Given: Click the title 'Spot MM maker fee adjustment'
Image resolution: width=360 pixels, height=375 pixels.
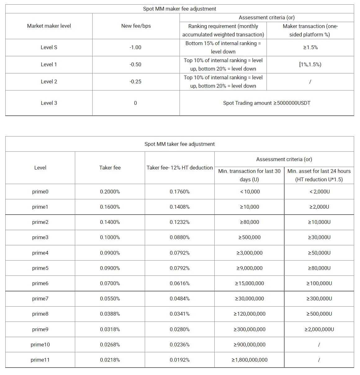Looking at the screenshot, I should [180, 9].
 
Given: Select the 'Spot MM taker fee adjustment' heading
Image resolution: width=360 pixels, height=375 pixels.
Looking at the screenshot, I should [180, 144].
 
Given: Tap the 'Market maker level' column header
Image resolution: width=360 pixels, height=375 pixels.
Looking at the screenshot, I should [49, 26].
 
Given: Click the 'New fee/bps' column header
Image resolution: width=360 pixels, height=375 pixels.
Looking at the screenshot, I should [136, 26].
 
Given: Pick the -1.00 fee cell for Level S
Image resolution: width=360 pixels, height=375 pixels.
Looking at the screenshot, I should [135, 47].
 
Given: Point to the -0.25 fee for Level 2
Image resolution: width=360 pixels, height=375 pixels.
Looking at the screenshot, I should [135, 81].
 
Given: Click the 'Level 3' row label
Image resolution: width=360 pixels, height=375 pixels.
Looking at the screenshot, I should [49, 103].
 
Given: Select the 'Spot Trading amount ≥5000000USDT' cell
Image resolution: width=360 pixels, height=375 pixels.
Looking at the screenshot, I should [267, 103].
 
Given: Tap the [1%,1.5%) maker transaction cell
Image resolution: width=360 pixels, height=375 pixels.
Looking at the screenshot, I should [310, 64].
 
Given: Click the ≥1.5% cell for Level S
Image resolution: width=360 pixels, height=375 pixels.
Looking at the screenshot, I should [310, 47].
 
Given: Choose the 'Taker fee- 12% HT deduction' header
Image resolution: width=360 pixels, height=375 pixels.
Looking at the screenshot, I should [180, 168].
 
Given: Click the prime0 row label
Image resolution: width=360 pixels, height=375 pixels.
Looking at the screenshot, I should [40, 192].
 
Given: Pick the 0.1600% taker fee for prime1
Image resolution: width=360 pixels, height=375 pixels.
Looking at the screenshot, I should [110, 207].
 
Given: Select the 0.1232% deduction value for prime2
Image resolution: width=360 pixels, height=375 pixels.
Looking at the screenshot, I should [180, 222].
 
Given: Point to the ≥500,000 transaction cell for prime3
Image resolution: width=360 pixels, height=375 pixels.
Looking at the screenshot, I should [249, 237].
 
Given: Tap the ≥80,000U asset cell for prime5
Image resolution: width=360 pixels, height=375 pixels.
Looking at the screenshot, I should [319, 268].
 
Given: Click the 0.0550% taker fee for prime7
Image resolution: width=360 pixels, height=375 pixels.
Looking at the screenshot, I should [110, 299].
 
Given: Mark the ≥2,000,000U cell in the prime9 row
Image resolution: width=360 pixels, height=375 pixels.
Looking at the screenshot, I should [319, 329].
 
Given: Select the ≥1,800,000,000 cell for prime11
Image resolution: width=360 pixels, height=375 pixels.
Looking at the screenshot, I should [249, 360].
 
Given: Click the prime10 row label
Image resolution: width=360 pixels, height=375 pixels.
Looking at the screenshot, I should [40, 345].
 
